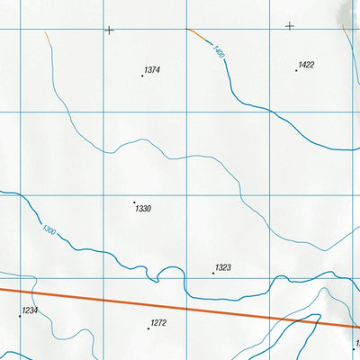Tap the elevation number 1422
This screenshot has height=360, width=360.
point(306,65)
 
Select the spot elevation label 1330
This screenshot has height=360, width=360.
point(142,209)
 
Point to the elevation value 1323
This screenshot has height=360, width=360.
point(223,268)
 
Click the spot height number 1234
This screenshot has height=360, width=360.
point(31,310)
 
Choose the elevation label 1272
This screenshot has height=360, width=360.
point(159,323)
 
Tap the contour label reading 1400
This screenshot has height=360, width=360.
point(219,53)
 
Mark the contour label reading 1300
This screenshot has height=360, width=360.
point(49,231)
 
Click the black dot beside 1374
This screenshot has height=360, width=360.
point(142,76)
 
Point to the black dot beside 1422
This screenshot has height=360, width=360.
point(296,70)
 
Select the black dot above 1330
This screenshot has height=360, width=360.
point(134,202)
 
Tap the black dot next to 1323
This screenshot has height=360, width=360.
point(213,273)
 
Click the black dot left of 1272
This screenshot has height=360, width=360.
point(148,328)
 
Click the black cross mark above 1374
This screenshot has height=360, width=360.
point(109,30)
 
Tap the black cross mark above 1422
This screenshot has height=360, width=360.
point(290,26)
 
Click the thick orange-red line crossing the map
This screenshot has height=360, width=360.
point(180,307)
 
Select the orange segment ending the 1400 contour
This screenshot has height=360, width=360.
point(197,33)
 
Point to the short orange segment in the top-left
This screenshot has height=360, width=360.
point(46,39)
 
